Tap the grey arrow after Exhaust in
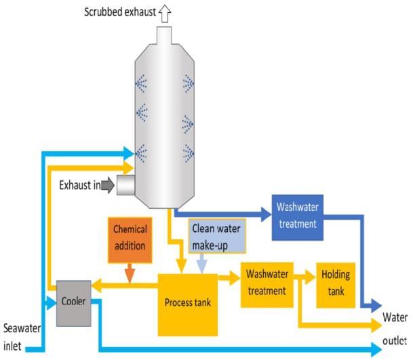pos(106,185)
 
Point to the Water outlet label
pos(394,325)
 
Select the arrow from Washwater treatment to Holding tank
pos(306,276)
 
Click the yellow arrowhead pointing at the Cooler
pos(97,285)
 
